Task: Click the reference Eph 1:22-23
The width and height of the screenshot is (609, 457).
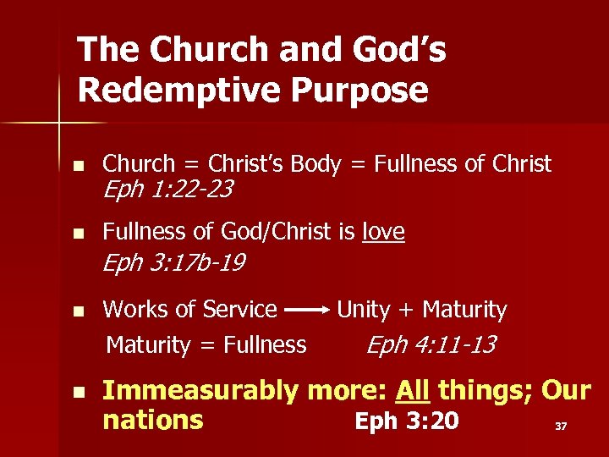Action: pyautogui.click(x=167, y=190)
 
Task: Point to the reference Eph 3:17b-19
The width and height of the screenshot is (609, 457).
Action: pyautogui.click(x=173, y=263)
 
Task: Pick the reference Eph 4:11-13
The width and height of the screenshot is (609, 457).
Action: pyautogui.click(x=431, y=344)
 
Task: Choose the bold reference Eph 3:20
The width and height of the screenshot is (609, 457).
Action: pyautogui.click(x=406, y=420)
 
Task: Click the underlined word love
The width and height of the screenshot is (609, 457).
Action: pyautogui.click(x=383, y=231)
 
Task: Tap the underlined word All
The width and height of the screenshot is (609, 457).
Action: pyautogui.click(x=414, y=391)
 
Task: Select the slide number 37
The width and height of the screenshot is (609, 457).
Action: pyautogui.click(x=560, y=427)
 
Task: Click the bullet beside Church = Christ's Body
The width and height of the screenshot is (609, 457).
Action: pyautogui.click(x=78, y=165)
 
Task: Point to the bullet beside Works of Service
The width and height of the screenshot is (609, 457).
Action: pyautogui.click(x=78, y=311)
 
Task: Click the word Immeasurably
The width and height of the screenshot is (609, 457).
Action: pyautogui.click(x=200, y=391)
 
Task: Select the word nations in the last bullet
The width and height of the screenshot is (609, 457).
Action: pyautogui.click(x=152, y=420)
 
